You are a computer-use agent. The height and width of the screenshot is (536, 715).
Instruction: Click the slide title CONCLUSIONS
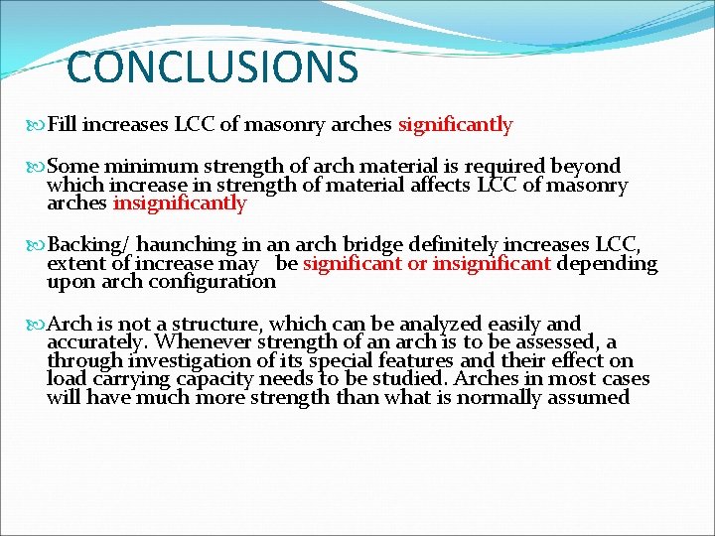click(212, 67)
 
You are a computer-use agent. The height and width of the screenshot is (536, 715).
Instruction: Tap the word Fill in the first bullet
click(63, 125)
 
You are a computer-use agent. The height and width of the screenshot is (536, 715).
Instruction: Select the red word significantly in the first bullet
click(455, 125)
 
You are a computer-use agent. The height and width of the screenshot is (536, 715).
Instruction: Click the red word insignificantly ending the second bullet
click(180, 203)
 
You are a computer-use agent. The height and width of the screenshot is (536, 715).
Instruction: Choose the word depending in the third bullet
click(607, 263)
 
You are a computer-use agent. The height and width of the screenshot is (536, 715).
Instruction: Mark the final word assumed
click(592, 398)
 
